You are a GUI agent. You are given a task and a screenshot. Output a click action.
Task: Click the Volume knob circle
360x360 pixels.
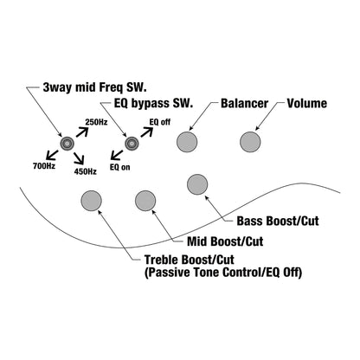(x=250, y=142)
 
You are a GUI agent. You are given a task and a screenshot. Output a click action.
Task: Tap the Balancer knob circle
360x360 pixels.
(x=187, y=142)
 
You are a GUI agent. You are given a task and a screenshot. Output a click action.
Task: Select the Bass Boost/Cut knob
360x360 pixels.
(x=197, y=184)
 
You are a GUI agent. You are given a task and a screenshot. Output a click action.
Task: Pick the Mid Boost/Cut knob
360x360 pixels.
(x=145, y=201)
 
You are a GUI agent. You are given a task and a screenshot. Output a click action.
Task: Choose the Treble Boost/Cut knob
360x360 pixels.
(x=91, y=201)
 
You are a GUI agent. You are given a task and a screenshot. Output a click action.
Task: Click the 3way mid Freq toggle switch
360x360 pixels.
(x=67, y=144)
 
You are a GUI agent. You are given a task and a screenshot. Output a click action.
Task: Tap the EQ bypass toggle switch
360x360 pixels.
(x=132, y=144)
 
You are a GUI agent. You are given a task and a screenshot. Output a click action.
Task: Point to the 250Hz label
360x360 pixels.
(x=96, y=122)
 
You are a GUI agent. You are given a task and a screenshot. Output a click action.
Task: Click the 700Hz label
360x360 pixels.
(x=44, y=166)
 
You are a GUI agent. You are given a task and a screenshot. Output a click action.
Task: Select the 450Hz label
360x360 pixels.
(x=86, y=171)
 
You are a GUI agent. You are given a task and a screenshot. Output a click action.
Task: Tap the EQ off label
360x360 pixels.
(x=160, y=122)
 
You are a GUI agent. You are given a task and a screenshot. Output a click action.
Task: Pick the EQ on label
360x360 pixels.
(x=120, y=167)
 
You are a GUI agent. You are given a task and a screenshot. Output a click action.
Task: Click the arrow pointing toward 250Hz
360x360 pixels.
(x=82, y=132)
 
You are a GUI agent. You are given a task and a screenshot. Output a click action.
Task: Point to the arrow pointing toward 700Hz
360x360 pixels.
(x=52, y=155)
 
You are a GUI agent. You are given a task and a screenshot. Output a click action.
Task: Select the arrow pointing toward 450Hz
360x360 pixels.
(x=79, y=158)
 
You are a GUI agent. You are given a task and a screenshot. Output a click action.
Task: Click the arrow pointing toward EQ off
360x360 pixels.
(x=146, y=132)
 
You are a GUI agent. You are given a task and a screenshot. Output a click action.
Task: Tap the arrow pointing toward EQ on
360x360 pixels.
(x=117, y=155)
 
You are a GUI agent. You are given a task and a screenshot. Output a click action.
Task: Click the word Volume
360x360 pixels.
(x=307, y=104)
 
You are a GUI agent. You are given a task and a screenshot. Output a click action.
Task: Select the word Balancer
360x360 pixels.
(x=245, y=104)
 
